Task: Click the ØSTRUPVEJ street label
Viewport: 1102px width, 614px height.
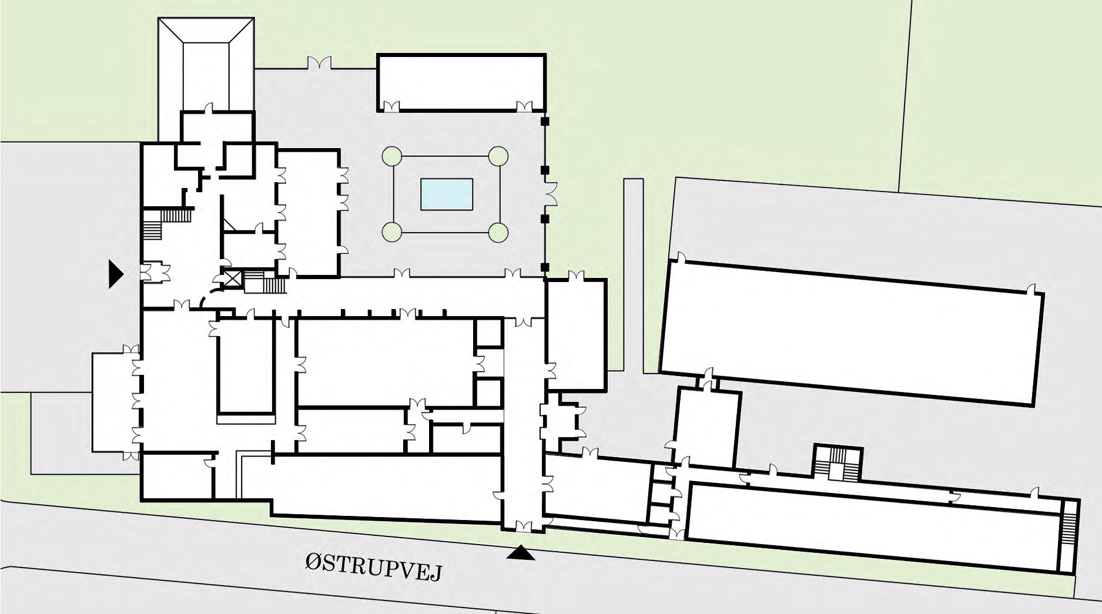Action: click(x=373, y=568)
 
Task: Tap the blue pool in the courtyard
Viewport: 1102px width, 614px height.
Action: click(x=447, y=194)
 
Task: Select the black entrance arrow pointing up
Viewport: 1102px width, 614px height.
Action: click(x=521, y=553)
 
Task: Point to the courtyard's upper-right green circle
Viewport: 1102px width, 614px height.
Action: click(x=498, y=156)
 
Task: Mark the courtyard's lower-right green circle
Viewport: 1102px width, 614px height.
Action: click(x=498, y=233)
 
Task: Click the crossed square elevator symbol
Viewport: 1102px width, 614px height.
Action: click(x=232, y=279)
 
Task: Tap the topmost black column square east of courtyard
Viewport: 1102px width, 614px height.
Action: click(x=545, y=122)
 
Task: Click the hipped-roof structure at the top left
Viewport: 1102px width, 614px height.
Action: click(x=206, y=65)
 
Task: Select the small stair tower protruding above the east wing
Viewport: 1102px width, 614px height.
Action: click(x=838, y=463)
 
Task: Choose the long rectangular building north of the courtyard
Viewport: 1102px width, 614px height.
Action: click(x=461, y=82)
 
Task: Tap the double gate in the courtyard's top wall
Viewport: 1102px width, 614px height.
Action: click(x=317, y=63)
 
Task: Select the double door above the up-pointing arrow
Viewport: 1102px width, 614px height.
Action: click(x=524, y=525)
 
